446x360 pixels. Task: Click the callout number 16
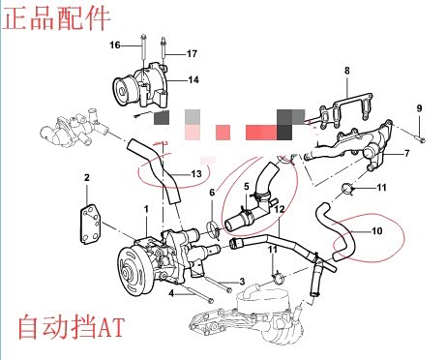[x=115, y=45]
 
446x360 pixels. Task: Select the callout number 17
[x=192, y=53]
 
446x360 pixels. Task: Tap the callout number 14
[x=193, y=79]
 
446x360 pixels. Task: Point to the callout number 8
[x=347, y=71]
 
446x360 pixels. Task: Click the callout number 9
[x=419, y=108]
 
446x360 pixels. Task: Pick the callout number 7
[x=407, y=153]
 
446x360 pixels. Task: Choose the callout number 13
[x=196, y=174]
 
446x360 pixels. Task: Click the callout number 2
[x=86, y=177]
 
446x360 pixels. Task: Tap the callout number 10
[x=377, y=231]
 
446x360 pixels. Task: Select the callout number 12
[x=280, y=209]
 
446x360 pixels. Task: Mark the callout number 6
[x=212, y=193]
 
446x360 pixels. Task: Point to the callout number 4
[x=171, y=293]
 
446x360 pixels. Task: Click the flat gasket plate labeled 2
[x=90, y=225]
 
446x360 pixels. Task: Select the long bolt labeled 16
[x=143, y=51]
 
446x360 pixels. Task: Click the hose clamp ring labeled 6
[x=213, y=228]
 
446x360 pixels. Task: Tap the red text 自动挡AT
[x=71, y=327]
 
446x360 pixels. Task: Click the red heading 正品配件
[x=56, y=17]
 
